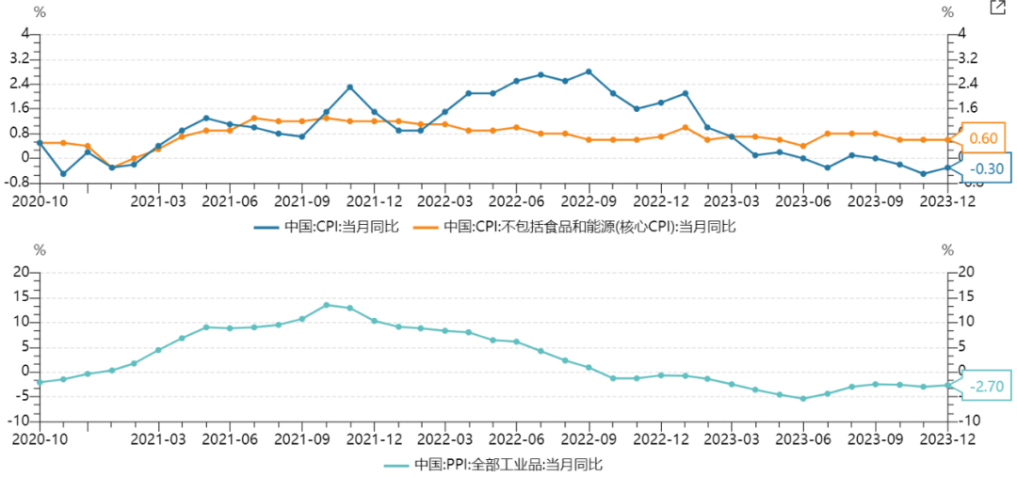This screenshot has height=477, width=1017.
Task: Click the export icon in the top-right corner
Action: click(997, 8)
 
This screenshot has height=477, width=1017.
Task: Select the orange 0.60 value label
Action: click(982, 138)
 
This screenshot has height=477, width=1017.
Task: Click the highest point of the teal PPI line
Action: click(326, 305)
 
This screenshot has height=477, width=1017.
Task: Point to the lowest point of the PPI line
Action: click(803, 399)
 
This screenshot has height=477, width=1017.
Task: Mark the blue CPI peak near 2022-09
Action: click(589, 72)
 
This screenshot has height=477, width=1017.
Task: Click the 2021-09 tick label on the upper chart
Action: click(302, 200)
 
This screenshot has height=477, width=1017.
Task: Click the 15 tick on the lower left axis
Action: click(21, 296)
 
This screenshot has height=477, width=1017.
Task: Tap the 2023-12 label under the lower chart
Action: click(947, 437)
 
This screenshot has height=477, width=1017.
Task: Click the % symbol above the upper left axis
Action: click(40, 12)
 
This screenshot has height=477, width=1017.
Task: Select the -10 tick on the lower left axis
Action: click(19, 420)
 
